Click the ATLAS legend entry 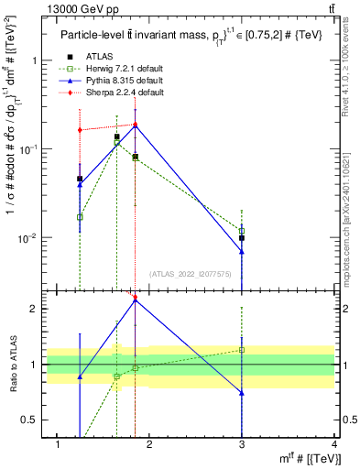pyautogui.click(x=100, y=58)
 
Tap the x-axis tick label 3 pyautogui.click(x=242, y=444)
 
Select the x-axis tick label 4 pyautogui.click(x=334, y=444)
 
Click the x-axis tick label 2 pyautogui.click(x=150, y=444)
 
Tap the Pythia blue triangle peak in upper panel pyautogui.click(x=136, y=125)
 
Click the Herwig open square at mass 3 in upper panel pyautogui.click(x=242, y=231)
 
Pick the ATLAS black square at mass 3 pyautogui.click(x=242, y=238)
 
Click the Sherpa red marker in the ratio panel pyautogui.click(x=136, y=297)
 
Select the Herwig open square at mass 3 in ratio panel pyautogui.click(x=242, y=350)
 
